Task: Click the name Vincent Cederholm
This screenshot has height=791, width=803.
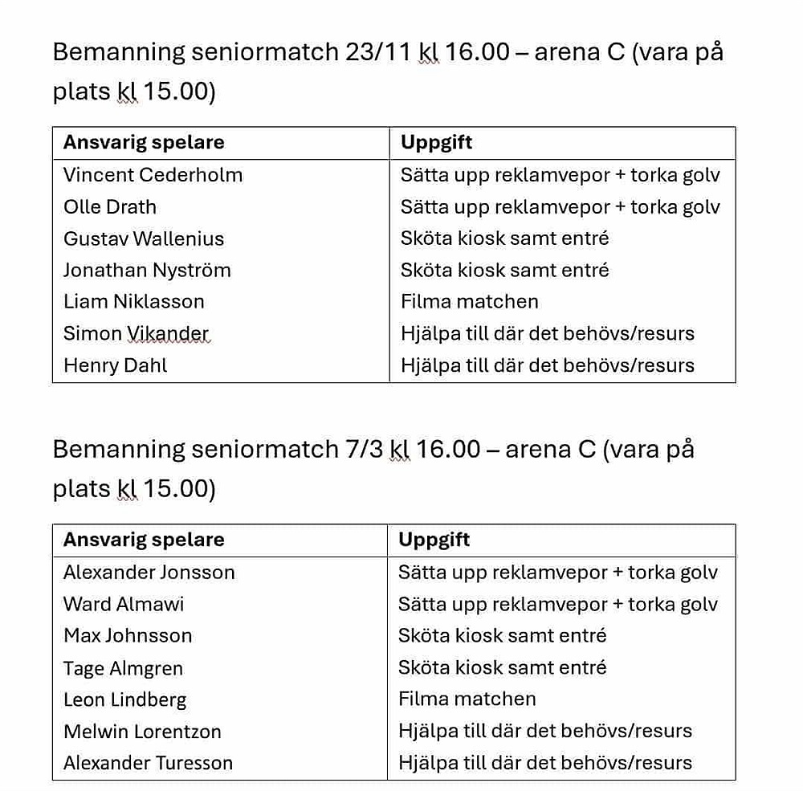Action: (153, 175)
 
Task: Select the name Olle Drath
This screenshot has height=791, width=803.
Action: (110, 207)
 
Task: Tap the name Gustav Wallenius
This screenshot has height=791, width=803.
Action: (144, 239)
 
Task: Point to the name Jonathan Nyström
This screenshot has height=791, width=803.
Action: (147, 271)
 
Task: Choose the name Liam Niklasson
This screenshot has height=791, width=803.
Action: (134, 302)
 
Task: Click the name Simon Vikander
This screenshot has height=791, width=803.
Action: (136, 334)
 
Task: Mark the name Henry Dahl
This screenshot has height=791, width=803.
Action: (116, 365)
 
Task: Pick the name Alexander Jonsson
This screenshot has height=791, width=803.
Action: (149, 573)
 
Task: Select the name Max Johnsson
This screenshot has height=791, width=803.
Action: (128, 636)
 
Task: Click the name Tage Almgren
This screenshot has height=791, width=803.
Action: (123, 668)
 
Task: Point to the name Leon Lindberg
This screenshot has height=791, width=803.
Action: (124, 699)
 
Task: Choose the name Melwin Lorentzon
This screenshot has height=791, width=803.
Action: (142, 732)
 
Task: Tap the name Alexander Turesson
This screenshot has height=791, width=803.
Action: (148, 763)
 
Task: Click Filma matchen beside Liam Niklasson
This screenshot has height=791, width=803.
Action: (470, 302)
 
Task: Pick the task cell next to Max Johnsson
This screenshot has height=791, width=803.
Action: (503, 636)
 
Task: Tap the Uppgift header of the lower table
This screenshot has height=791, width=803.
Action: (434, 540)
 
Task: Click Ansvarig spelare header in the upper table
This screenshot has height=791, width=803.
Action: (144, 143)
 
